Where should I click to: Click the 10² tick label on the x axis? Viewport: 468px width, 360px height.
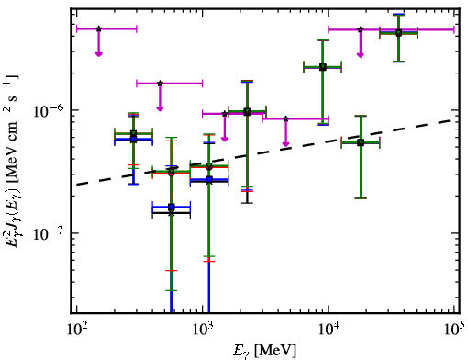[75, 329]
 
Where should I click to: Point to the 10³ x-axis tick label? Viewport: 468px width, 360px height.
[203, 329]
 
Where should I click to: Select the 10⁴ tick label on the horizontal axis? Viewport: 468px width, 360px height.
[329, 329]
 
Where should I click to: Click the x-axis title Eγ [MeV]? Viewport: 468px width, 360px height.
[264, 351]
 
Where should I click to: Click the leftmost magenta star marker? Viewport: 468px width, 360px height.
[98, 28]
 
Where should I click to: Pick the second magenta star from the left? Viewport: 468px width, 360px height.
[160, 84]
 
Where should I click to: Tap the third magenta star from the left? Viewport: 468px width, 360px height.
[225, 114]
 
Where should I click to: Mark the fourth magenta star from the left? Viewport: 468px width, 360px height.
[285, 118]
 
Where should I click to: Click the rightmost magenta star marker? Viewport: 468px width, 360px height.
[361, 29]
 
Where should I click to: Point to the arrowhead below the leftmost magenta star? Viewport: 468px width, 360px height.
[98, 54]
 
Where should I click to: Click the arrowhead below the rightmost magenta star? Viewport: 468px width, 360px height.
[361, 55]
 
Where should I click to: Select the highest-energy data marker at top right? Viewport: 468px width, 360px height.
[398, 33]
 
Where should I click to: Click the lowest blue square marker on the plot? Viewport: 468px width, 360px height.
[172, 208]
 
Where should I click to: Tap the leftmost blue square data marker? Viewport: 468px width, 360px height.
[133, 140]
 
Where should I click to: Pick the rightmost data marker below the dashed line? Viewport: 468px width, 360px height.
[361, 142]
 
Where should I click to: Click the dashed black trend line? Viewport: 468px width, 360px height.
[265, 152]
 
